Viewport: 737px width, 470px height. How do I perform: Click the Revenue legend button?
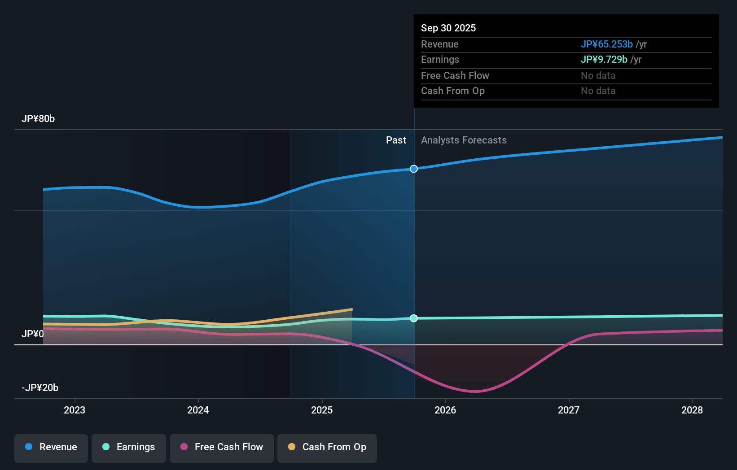pyautogui.click(x=51, y=447)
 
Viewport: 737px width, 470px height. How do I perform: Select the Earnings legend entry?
pyautogui.click(x=129, y=447)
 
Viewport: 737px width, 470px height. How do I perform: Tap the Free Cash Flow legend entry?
pyautogui.click(x=222, y=447)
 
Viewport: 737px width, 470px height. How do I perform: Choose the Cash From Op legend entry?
pyautogui.click(x=327, y=447)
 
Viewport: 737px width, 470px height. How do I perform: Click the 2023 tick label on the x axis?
pyautogui.click(x=75, y=410)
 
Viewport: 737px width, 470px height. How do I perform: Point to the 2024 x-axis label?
pyautogui.click(x=198, y=410)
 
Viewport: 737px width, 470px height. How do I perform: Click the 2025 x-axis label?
pyautogui.click(x=322, y=410)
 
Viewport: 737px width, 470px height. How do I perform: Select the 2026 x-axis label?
pyautogui.click(x=445, y=410)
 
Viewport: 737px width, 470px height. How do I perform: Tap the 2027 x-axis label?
pyautogui.click(x=569, y=410)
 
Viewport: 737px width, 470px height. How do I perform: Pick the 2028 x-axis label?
pyautogui.click(x=692, y=410)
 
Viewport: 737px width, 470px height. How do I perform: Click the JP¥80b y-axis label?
pyautogui.click(x=38, y=119)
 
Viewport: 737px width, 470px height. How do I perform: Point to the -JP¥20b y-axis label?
pyautogui.click(x=40, y=388)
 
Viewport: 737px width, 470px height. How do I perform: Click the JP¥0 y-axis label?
pyautogui.click(x=33, y=334)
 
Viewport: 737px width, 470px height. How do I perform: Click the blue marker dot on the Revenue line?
pyautogui.click(x=414, y=169)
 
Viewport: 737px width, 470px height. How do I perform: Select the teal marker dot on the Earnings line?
pyautogui.click(x=414, y=318)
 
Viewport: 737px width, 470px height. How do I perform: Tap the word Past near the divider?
pyautogui.click(x=396, y=140)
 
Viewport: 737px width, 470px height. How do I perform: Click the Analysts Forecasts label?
pyautogui.click(x=464, y=140)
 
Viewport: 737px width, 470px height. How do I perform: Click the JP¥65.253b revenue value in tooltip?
pyautogui.click(x=606, y=44)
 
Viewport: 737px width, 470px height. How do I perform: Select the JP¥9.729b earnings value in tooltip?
pyautogui.click(x=604, y=60)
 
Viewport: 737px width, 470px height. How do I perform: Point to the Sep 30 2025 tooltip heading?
pyautogui.click(x=448, y=28)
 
